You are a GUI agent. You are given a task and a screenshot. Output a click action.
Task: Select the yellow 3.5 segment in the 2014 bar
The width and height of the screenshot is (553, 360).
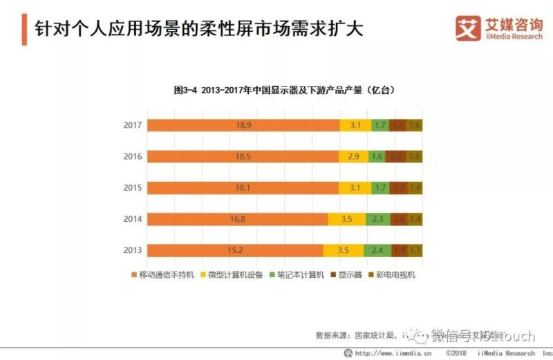point(348,219)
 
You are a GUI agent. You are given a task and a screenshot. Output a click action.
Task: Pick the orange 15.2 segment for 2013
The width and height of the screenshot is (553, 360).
point(235,250)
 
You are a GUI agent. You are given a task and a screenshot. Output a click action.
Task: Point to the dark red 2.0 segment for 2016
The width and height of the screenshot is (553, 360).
point(395,157)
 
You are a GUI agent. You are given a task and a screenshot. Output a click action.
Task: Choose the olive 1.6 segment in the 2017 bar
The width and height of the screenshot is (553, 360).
point(415,125)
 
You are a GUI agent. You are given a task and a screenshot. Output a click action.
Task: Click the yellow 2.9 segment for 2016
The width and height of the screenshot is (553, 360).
point(353,157)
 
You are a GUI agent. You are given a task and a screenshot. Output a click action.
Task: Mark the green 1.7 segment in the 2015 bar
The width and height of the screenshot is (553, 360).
point(379,188)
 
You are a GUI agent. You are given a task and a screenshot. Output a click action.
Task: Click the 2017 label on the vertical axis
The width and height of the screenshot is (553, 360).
point(133,125)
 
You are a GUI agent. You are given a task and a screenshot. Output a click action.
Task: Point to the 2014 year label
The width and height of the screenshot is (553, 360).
point(133,219)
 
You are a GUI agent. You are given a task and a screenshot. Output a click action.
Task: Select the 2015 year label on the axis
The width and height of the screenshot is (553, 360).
point(133,188)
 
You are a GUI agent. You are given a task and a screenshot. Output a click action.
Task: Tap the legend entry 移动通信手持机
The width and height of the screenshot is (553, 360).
point(162,275)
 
